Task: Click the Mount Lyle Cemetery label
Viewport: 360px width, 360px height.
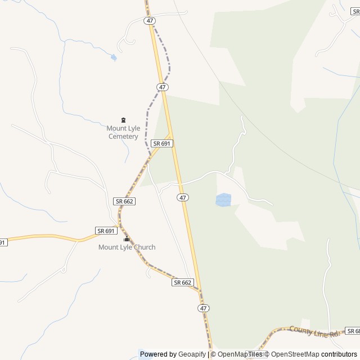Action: click(123, 132)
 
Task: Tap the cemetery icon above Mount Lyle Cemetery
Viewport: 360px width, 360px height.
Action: click(123, 120)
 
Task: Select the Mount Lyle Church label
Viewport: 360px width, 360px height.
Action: click(127, 247)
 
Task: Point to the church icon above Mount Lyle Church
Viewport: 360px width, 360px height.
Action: click(127, 239)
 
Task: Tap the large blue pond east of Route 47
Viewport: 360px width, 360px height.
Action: click(223, 200)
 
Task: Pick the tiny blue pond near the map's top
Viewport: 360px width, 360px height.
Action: click(114, 57)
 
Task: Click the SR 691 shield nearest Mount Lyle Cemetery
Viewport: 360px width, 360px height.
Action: click(161, 144)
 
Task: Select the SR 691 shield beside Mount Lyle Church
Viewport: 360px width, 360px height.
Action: click(106, 231)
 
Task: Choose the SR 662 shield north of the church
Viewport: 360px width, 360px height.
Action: click(123, 201)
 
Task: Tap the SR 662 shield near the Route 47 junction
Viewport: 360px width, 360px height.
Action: click(183, 282)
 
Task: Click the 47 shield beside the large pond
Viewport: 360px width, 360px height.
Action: click(183, 197)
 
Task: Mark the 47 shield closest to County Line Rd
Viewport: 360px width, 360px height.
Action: click(204, 308)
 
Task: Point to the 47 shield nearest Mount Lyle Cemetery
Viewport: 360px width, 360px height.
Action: click(163, 87)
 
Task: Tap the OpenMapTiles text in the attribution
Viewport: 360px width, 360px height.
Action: click(240, 354)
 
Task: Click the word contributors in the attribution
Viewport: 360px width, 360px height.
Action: click(339, 354)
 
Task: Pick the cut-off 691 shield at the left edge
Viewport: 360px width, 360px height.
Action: click(3, 242)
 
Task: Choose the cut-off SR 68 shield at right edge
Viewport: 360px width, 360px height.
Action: click(353, 331)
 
